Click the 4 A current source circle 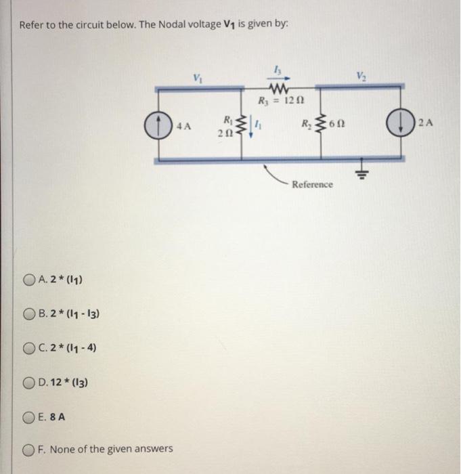pyautogui.click(x=156, y=125)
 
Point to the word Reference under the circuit pyautogui.click(x=313, y=184)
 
